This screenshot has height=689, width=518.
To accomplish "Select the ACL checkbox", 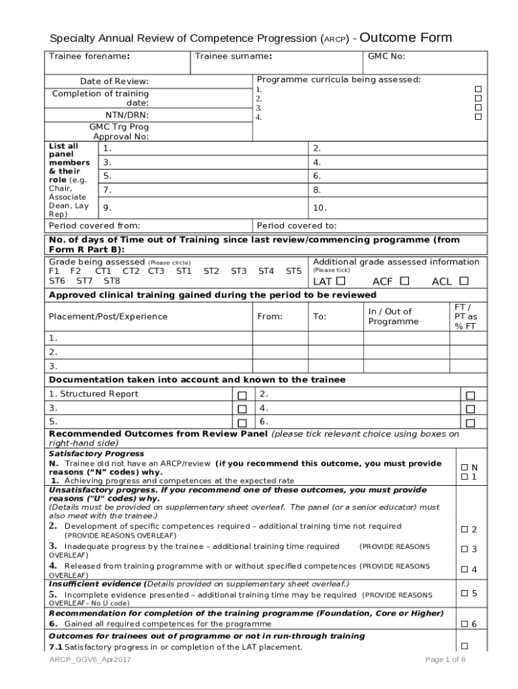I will tap(464, 281).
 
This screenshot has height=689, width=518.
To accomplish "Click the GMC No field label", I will tap(385, 57).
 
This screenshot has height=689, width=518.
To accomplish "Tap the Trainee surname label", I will tap(233, 57).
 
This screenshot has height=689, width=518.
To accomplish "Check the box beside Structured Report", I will tap(242, 396).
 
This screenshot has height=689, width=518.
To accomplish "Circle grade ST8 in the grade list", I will tap(112, 281).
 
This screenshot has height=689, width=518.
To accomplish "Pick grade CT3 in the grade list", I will tap(156, 271).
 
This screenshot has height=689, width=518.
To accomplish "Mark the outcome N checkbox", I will tap(464, 467).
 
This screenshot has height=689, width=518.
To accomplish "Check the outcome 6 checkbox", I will tap(464, 624).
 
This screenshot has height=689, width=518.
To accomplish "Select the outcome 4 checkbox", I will tap(464, 569).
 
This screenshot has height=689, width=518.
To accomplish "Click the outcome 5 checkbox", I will tap(464, 593).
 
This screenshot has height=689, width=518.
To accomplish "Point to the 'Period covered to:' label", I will tap(296, 226).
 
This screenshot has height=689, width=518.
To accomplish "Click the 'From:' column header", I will tap(270, 316).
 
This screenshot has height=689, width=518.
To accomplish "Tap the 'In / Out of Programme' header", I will tap(393, 316).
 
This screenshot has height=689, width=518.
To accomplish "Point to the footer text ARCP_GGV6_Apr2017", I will tap(89, 659).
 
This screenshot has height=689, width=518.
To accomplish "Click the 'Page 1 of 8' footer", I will tap(445, 659).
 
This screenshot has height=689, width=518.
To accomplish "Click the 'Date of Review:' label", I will tap(114, 81).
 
